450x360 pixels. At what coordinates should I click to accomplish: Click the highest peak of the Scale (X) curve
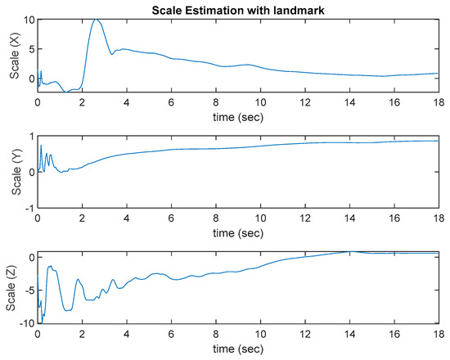coord(97,19)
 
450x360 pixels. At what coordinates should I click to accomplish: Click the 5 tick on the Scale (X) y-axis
coord(29,49)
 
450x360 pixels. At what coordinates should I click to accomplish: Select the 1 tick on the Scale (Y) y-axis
coord(30,137)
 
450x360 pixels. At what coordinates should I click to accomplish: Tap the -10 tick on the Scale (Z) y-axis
coord(25,325)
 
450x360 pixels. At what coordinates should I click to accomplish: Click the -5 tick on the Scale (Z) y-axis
coord(27,291)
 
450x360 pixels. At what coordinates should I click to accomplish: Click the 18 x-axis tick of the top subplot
coord(438,103)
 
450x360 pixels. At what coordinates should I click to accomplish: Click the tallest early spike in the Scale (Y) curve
coord(41,146)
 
